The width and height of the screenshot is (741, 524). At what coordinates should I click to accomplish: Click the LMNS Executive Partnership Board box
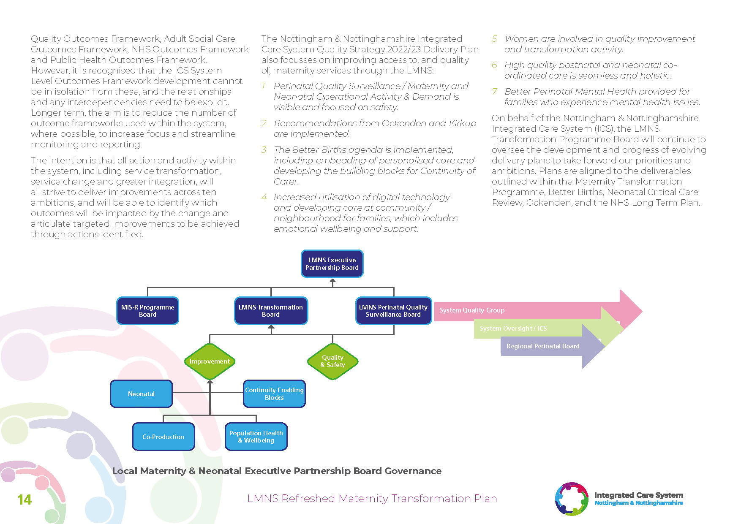point(332,264)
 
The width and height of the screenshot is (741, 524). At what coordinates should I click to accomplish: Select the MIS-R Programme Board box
point(147,311)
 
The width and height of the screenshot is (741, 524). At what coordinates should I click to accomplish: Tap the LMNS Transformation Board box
point(271,311)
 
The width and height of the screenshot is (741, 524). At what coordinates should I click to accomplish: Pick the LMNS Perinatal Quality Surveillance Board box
point(393,311)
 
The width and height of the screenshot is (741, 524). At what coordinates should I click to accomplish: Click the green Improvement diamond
point(210,361)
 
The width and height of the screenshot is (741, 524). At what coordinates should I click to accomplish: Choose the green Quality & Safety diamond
point(333,361)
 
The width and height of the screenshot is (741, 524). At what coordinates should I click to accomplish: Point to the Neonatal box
point(141,394)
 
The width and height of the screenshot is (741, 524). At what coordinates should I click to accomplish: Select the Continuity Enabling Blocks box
point(274,394)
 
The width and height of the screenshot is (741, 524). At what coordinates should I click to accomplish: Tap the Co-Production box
point(163,437)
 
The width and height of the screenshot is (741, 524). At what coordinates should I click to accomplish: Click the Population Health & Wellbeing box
point(256,437)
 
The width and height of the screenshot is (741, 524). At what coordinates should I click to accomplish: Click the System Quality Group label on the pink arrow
point(472,310)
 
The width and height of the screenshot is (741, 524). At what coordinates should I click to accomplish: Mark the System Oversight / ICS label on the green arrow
point(513,329)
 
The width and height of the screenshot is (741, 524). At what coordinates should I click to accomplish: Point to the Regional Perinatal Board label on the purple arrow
point(543,346)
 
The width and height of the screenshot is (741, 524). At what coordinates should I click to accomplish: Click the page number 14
point(25,500)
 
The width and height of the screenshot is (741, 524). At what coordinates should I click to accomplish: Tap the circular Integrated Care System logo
point(572,499)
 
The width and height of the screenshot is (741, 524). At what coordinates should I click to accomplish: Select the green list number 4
point(264,197)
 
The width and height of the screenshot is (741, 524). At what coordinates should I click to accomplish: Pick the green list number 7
point(495,92)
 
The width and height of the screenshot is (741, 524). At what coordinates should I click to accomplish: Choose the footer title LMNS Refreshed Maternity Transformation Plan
point(372,499)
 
